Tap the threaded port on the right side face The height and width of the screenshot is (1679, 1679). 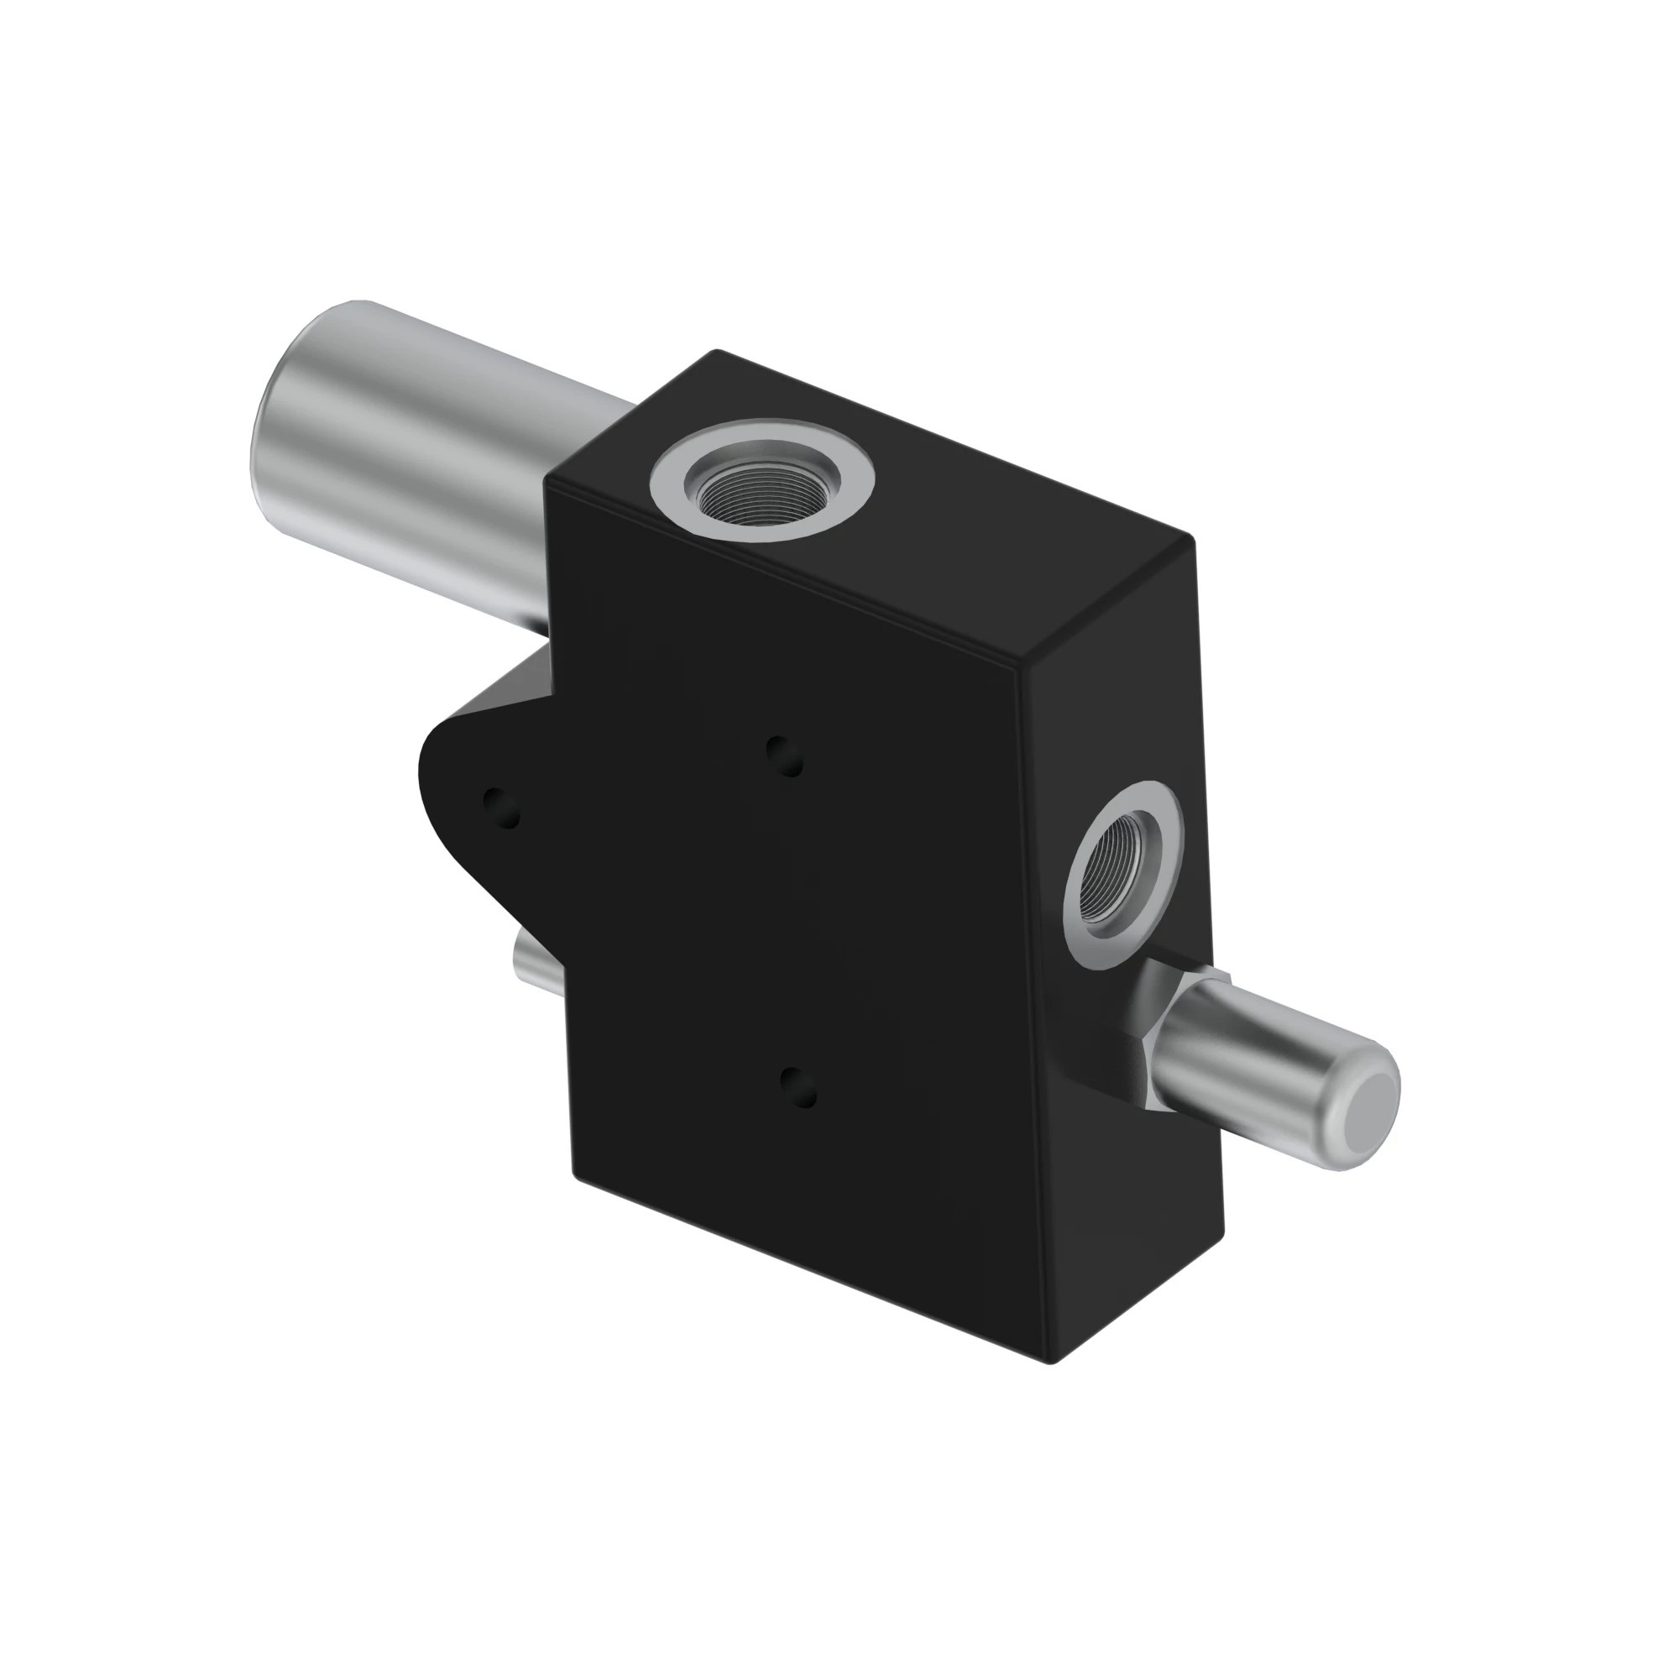[x=1121, y=880]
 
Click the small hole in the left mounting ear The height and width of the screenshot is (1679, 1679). [x=500, y=808]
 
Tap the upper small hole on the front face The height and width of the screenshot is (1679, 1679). [x=784, y=755]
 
